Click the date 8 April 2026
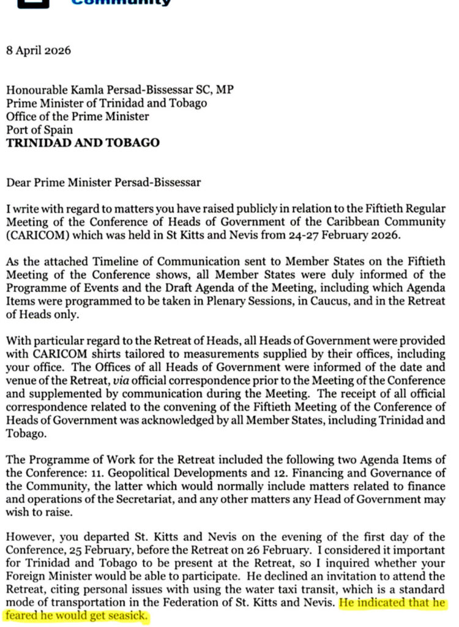tap(38, 50)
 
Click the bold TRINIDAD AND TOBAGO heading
tap(83, 143)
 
